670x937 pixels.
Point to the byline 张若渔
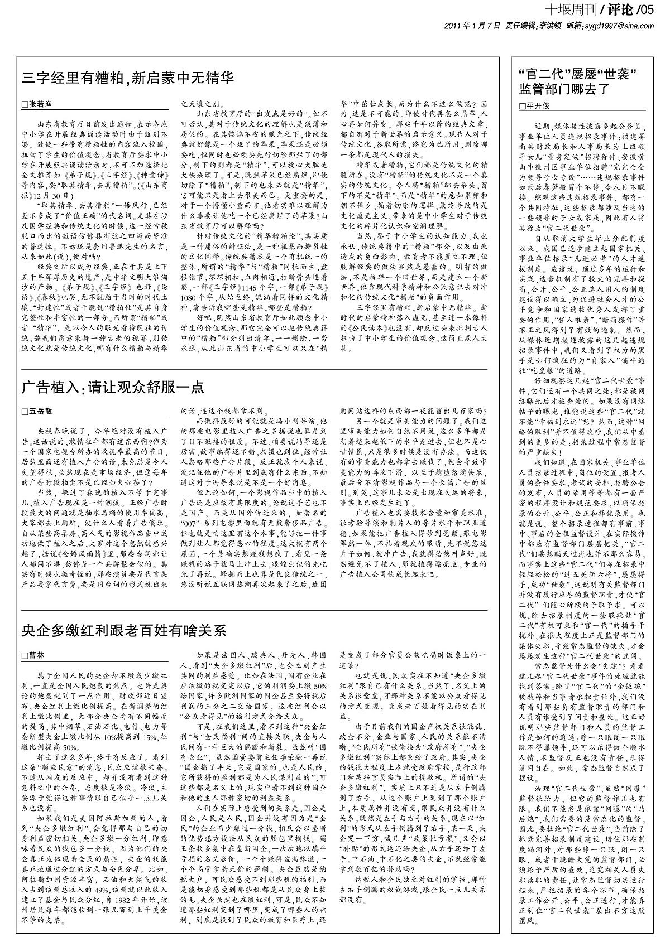coord(40,104)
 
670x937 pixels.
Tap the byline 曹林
coord(36,655)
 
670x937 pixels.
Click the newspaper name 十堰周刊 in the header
coord(570,10)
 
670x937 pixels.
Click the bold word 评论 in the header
coord(618,10)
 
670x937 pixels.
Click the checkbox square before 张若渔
coord(24,104)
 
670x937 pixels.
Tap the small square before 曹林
coord(24,655)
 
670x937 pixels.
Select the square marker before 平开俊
coord(522,105)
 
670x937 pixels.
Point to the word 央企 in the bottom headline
coord(34,630)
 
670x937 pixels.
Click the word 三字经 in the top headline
coord(41,78)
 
